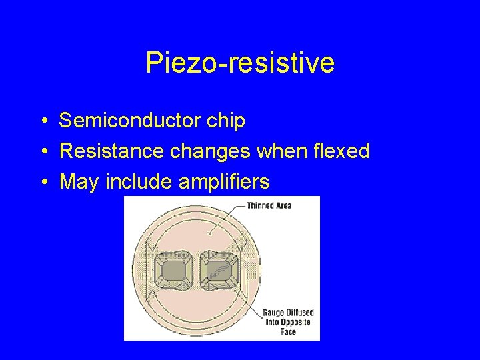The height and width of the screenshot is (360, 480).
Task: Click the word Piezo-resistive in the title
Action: point(240,64)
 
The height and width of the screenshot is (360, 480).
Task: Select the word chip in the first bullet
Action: point(228,121)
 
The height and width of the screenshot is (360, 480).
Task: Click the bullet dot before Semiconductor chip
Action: point(42,121)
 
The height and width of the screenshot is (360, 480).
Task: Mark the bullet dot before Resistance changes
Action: point(42,152)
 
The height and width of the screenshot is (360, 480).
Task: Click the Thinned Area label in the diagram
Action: point(269,205)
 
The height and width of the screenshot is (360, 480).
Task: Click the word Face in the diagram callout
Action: point(288,331)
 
